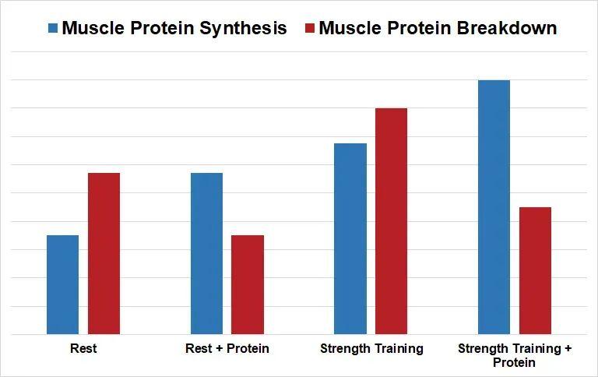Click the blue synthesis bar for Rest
[62, 284]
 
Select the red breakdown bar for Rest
[104, 253]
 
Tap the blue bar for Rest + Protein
[206, 253]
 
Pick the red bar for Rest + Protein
[248, 284]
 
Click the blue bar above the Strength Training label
[350, 239]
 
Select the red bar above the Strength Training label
[392, 221]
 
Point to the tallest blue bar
[494, 207]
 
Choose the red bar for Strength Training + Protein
[535, 270]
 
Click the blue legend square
[53, 28]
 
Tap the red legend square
[310, 28]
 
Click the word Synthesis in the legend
[243, 29]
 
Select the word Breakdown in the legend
[506, 28]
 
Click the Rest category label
[83, 348]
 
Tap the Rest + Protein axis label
[227, 348]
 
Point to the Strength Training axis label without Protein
[372, 349]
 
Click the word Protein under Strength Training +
[514, 362]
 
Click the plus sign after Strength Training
[568, 349]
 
